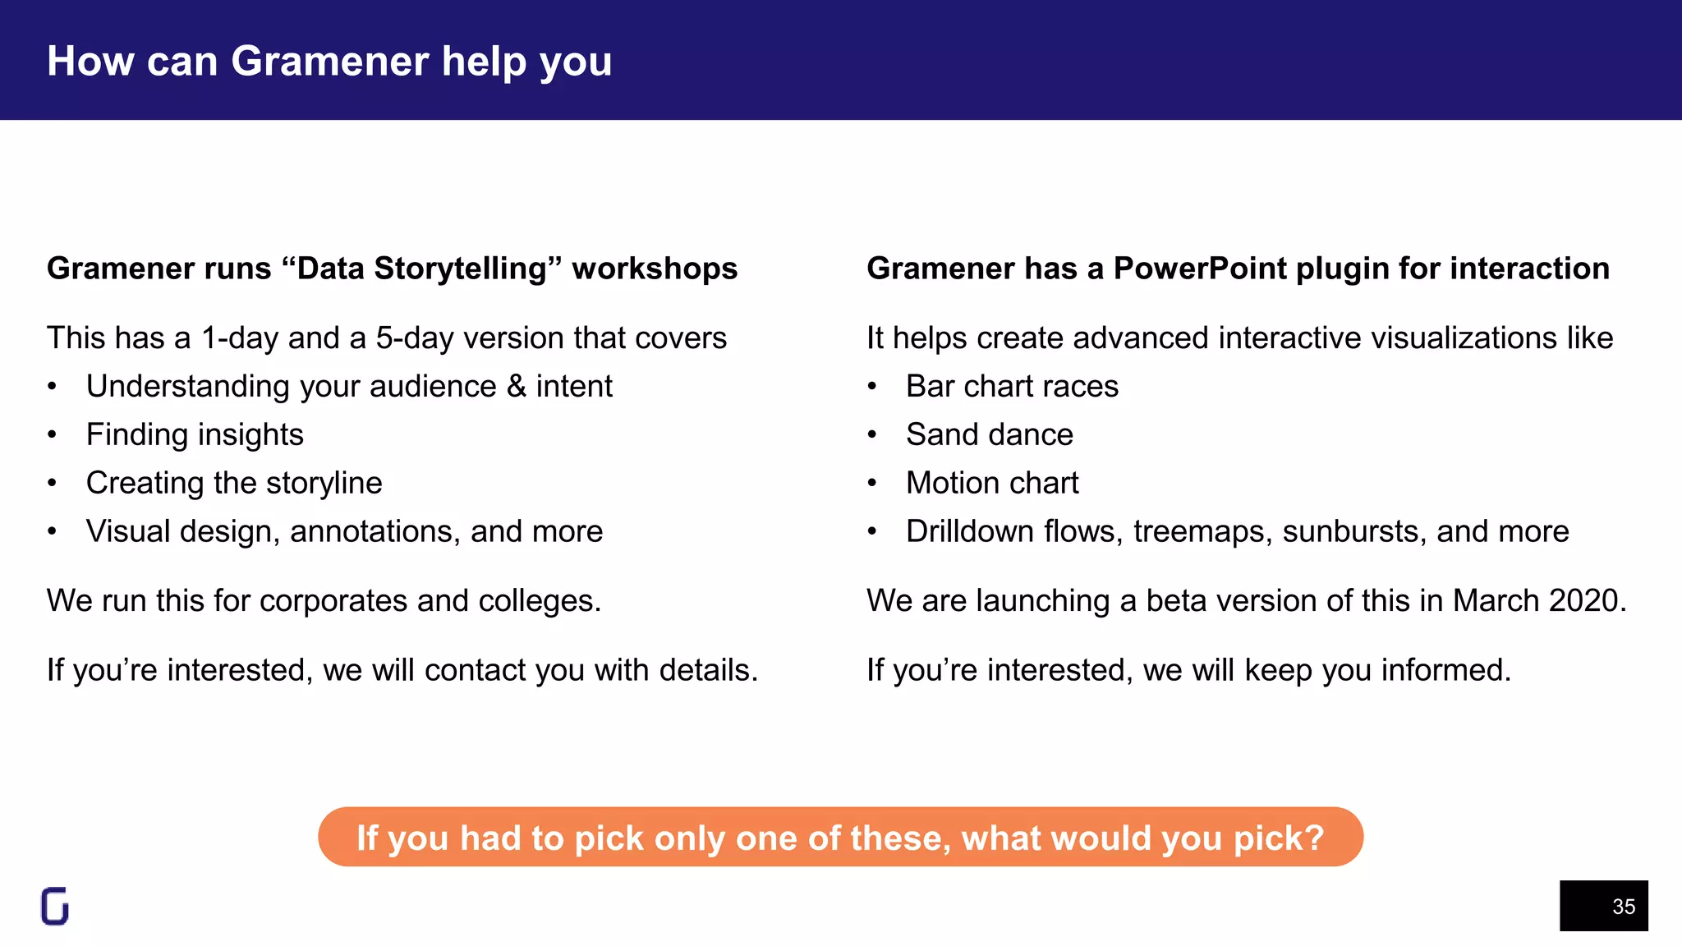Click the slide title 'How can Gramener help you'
click(x=329, y=62)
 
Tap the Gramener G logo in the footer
click(x=55, y=907)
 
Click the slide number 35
click(x=1623, y=907)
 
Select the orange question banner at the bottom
click(x=840, y=838)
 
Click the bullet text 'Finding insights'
click(x=195, y=434)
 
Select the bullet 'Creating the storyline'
click(x=234, y=483)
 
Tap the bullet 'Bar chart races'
click(x=1012, y=386)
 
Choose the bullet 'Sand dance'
click(x=990, y=434)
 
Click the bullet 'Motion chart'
click(x=992, y=483)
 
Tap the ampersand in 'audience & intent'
click(x=517, y=386)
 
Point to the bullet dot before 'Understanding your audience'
click(x=52, y=387)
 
